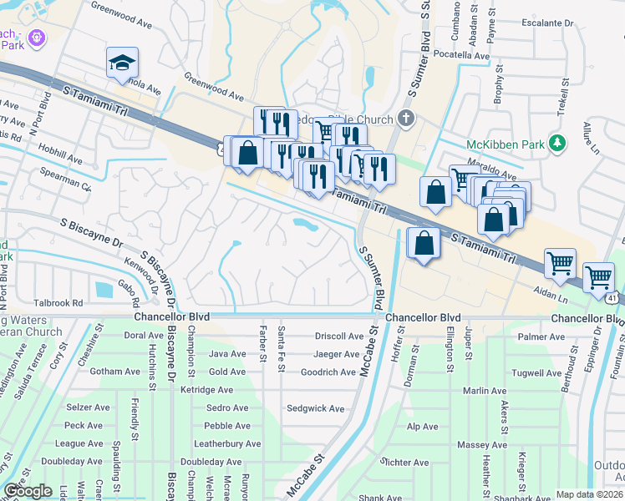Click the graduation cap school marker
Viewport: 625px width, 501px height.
tap(122, 63)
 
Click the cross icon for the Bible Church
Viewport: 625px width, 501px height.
tap(406, 117)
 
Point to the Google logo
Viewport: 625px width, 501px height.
tap(28, 491)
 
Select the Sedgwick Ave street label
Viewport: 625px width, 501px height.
tap(315, 409)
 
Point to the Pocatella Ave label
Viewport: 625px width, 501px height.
tap(458, 56)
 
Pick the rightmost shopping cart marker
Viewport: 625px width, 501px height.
tap(598, 276)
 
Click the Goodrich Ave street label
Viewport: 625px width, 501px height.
tap(328, 372)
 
